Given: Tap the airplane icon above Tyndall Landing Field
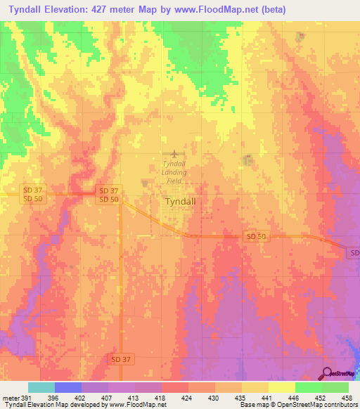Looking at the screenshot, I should [x=174, y=153].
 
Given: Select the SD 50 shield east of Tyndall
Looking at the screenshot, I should [x=255, y=238].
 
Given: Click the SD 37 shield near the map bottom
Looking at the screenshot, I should [x=120, y=359].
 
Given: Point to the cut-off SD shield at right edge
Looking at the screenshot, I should [x=354, y=252].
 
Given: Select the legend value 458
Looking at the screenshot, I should [x=346, y=396].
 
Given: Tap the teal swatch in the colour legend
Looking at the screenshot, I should [x=41, y=387].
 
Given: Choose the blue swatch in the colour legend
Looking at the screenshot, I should [x=68, y=387].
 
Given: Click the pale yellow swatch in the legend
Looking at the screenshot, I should [x=281, y=387].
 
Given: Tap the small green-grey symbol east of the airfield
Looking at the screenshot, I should [x=247, y=160].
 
